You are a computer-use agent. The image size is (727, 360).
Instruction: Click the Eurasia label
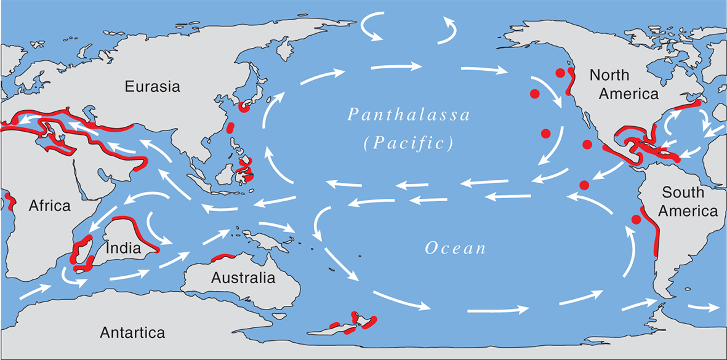click(153, 86)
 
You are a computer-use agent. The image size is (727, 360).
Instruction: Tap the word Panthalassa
click(409, 115)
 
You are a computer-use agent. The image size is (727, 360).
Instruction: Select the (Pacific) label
click(408, 143)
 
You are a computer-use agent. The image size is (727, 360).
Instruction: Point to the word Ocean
click(456, 249)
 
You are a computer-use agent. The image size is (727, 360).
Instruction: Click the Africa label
click(50, 205)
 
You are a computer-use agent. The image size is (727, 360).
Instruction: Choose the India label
click(124, 249)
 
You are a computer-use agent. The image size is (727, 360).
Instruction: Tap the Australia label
click(243, 278)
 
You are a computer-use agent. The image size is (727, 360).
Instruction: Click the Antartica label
click(132, 333)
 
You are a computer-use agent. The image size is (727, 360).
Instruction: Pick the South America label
click(687, 201)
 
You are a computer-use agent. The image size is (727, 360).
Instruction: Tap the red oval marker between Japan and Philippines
click(230, 128)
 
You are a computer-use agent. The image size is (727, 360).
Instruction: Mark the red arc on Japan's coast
click(244, 107)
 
